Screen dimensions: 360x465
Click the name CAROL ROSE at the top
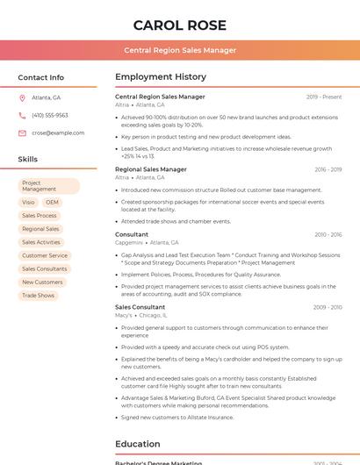coord(180,25)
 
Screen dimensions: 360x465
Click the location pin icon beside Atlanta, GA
coord(22,97)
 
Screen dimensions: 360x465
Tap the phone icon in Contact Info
coord(22,115)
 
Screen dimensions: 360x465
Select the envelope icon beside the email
coord(22,133)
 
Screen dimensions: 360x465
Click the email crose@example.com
coord(58,133)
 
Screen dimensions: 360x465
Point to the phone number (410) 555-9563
coord(50,115)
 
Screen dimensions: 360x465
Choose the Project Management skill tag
coord(48,186)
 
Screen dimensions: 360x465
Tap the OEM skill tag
coord(53,202)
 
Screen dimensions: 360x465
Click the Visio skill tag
coord(29,202)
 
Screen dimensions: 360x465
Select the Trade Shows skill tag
coord(38,296)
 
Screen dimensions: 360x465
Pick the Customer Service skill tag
coord(44,255)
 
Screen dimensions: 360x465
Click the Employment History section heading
coord(161,77)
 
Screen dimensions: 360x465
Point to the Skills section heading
coord(28,159)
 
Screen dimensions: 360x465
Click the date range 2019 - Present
coord(324,97)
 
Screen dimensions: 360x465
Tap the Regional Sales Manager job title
coord(151,169)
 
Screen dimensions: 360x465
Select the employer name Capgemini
coord(128,242)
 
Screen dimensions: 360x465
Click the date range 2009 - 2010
coord(328,307)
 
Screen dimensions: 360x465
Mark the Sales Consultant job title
coord(140,307)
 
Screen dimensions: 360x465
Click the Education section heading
coord(138,444)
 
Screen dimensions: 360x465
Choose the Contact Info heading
coord(41,77)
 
